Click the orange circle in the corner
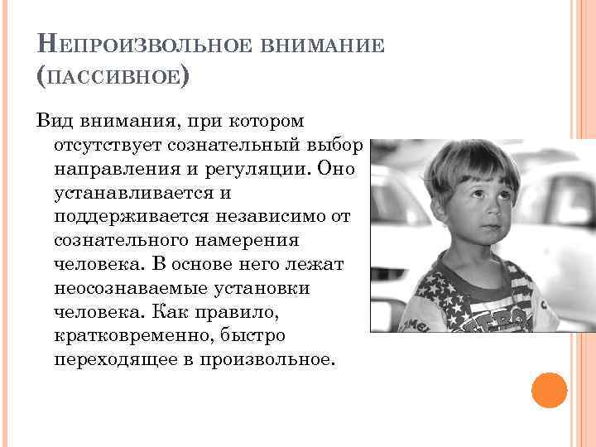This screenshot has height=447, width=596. [x=549, y=390]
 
